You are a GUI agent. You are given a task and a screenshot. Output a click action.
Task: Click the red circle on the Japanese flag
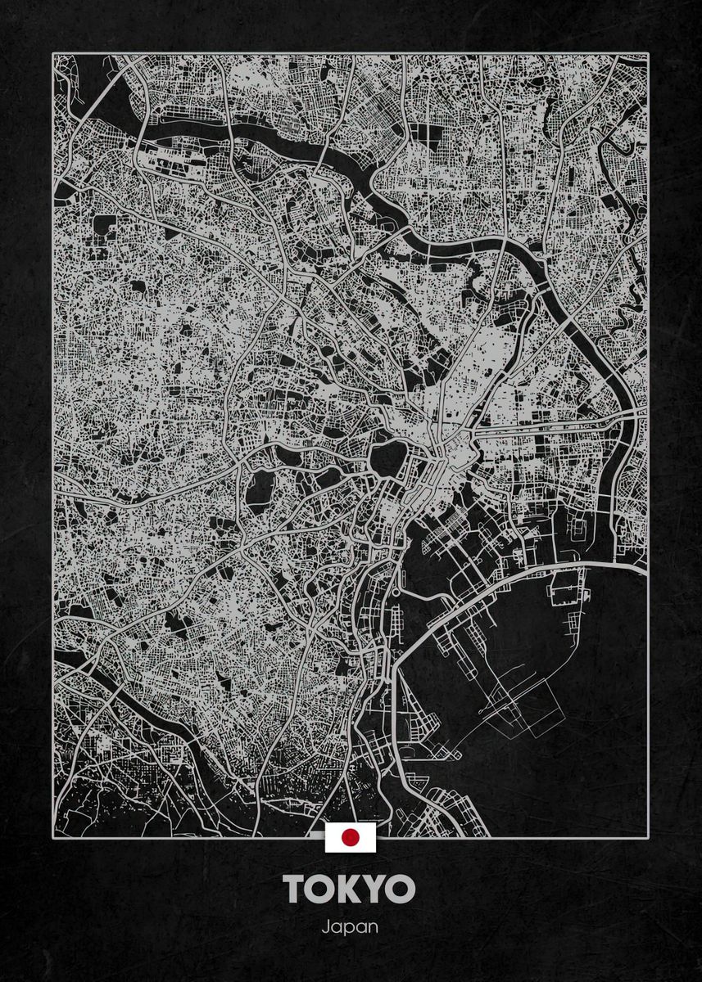[351, 836]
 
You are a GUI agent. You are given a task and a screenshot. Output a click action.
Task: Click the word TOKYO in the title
[351, 889]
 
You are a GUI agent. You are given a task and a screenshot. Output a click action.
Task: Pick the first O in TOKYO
[322, 889]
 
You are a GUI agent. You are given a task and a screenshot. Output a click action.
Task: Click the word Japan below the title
[351, 928]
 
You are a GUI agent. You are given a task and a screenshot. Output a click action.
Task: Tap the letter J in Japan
[326, 927]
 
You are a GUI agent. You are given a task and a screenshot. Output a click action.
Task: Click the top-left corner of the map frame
[53, 55]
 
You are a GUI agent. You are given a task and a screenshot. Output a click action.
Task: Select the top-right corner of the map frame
[648, 55]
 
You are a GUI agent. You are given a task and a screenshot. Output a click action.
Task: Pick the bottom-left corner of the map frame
[53, 836]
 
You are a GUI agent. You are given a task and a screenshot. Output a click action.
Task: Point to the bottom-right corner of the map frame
[648, 836]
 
